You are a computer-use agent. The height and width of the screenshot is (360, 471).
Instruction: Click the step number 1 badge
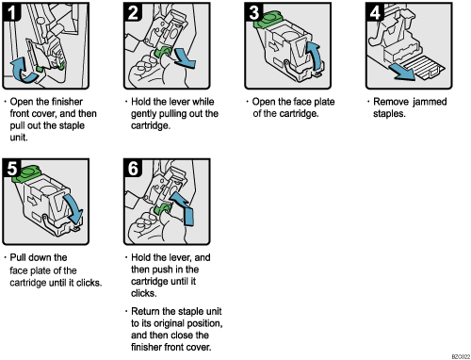click(x=14, y=14)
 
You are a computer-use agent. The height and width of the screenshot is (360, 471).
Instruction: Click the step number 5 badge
click(x=14, y=171)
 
